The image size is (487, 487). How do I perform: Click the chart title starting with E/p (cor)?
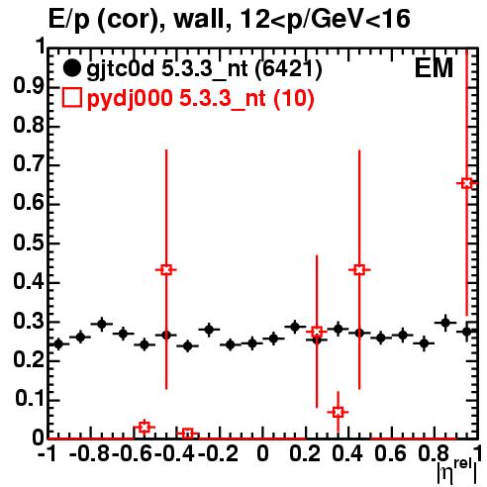[x=230, y=20]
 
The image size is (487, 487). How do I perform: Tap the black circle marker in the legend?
[x=71, y=68]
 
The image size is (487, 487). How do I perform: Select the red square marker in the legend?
[x=72, y=98]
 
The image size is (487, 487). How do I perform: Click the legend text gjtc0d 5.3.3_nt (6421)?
[x=204, y=69]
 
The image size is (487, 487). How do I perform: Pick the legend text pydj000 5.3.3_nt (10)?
[x=200, y=99]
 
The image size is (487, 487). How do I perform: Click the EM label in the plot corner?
[x=434, y=68]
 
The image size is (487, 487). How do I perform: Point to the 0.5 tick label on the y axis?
[x=29, y=243]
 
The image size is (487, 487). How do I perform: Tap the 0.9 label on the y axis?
[x=29, y=86]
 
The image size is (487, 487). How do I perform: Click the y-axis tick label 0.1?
[x=29, y=399]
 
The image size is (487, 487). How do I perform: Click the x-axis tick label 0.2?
[x=305, y=453]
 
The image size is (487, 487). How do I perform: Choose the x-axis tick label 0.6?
[x=390, y=453]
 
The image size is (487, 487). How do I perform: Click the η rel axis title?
[x=456, y=471]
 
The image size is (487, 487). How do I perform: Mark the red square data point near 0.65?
[x=466, y=183]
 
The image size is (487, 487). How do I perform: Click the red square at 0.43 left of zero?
[x=166, y=269]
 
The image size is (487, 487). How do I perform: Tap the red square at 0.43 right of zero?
[x=359, y=269]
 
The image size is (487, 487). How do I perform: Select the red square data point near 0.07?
[x=338, y=412]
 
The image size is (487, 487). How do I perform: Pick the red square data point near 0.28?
[x=317, y=332]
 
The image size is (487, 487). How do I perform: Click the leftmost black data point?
[x=58, y=344]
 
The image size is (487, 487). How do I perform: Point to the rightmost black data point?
[x=466, y=332]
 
